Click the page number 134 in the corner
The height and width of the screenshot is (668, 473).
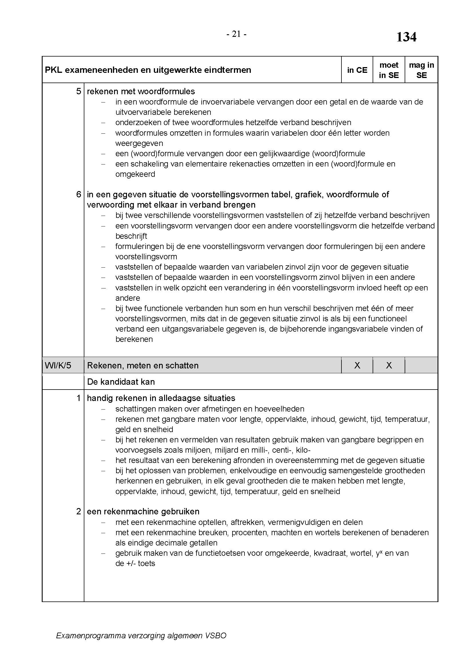click(406, 37)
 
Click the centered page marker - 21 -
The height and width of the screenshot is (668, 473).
click(236, 34)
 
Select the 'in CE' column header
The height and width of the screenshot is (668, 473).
click(357, 70)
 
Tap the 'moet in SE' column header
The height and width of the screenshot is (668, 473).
click(389, 70)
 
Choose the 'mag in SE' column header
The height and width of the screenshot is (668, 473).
click(422, 70)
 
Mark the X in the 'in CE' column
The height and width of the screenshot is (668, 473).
click(357, 366)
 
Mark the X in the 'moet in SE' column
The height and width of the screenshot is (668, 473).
click(389, 366)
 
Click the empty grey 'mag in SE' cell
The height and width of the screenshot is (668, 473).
click(422, 366)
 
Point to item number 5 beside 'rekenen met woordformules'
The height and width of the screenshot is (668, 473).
click(79, 91)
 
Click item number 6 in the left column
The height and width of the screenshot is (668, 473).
click(79, 194)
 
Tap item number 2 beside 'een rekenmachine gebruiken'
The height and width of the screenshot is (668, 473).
click(79, 511)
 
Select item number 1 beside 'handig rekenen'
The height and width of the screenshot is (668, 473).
click(79, 398)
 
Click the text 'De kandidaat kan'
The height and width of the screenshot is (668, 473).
click(121, 382)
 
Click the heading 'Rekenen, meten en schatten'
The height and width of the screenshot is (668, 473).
click(143, 366)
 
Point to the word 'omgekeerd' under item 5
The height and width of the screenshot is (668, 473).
click(135, 174)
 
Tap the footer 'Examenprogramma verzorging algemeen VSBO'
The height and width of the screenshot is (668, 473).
click(141, 635)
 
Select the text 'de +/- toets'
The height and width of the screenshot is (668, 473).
click(135, 563)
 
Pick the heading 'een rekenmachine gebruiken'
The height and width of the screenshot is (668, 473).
click(143, 511)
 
